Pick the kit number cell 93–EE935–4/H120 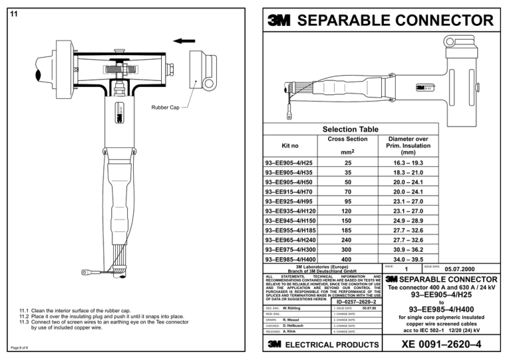click(289, 211)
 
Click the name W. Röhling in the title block click(294, 308)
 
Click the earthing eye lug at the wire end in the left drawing click(86, 271)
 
